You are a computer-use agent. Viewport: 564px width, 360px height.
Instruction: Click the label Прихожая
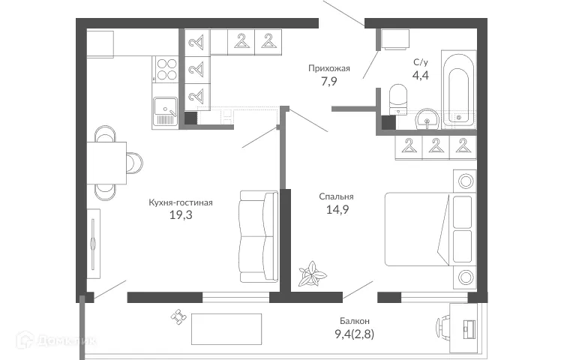[x=327, y=67]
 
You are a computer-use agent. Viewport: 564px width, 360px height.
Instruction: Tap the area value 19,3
[x=180, y=214]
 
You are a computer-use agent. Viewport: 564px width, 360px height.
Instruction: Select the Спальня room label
[x=336, y=197]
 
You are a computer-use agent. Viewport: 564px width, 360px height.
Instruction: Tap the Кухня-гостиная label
[x=180, y=202]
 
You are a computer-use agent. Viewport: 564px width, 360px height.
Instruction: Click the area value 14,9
[x=335, y=211]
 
